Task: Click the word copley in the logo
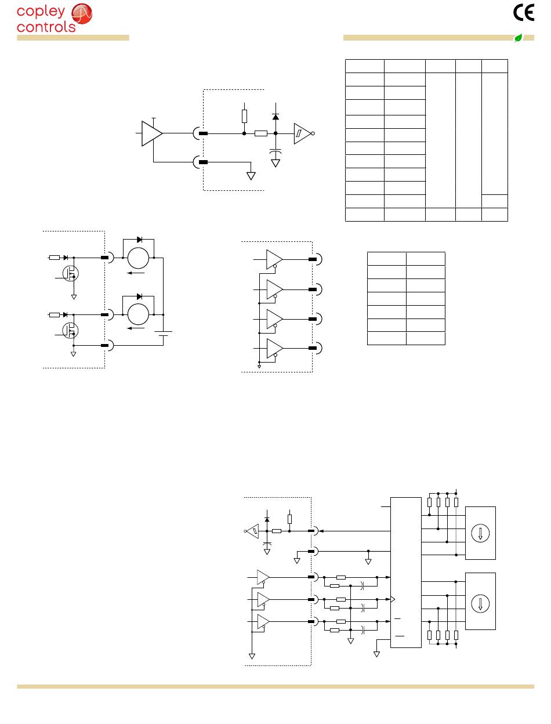[41, 12]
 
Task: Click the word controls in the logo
[46, 27]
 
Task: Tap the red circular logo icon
[81, 14]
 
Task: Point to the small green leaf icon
[518, 38]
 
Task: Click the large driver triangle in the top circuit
[152, 133]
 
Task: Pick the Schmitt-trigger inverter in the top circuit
[302, 133]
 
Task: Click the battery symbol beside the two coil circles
[164, 334]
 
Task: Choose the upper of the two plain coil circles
[139, 258]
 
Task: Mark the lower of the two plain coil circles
[139, 314]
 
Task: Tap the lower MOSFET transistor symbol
[71, 329]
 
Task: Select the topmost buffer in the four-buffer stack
[274, 259]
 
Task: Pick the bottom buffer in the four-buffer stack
[274, 347]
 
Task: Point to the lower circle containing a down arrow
[480, 603]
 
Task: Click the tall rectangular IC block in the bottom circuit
[406, 572]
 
